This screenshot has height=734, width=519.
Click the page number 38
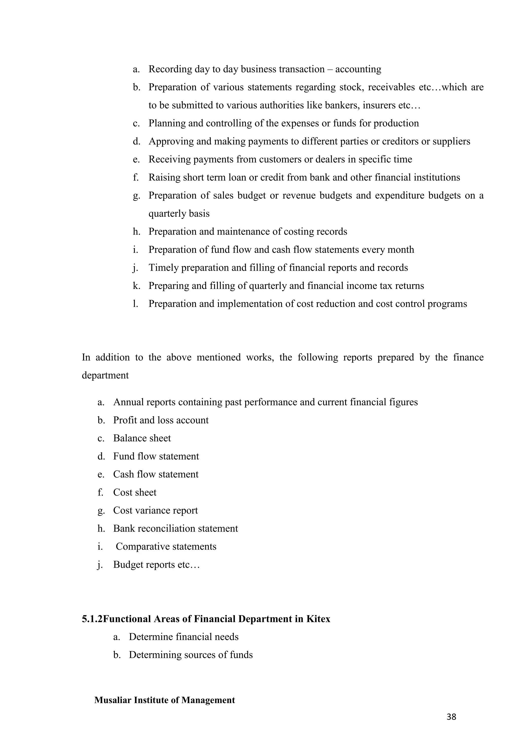[x=451, y=717]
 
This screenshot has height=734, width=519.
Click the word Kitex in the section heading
[x=318, y=619]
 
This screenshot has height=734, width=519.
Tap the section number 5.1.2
[x=92, y=619]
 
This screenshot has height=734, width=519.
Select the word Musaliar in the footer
[x=113, y=700]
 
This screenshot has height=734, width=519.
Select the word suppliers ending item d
[x=451, y=141]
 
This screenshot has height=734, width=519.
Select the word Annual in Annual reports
[x=128, y=402]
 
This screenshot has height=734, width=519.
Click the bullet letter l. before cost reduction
[x=136, y=304]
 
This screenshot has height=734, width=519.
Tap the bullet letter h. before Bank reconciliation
[x=101, y=528]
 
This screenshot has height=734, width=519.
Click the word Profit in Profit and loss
[x=125, y=420]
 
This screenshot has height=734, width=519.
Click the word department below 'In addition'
[x=105, y=375]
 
